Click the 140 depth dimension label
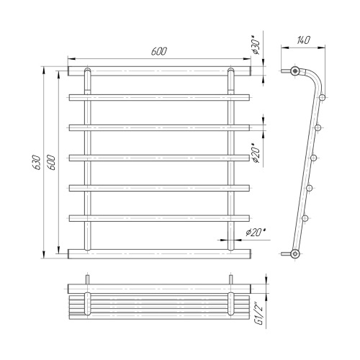coord(303,40)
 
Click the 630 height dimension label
coord(37,162)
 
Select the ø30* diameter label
coord(256,45)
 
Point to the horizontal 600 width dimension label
coord(159,51)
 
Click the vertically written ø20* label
coord(256,153)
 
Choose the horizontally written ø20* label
coord(256,232)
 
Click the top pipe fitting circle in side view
coord(294,71)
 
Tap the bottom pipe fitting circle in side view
coord(294,253)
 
